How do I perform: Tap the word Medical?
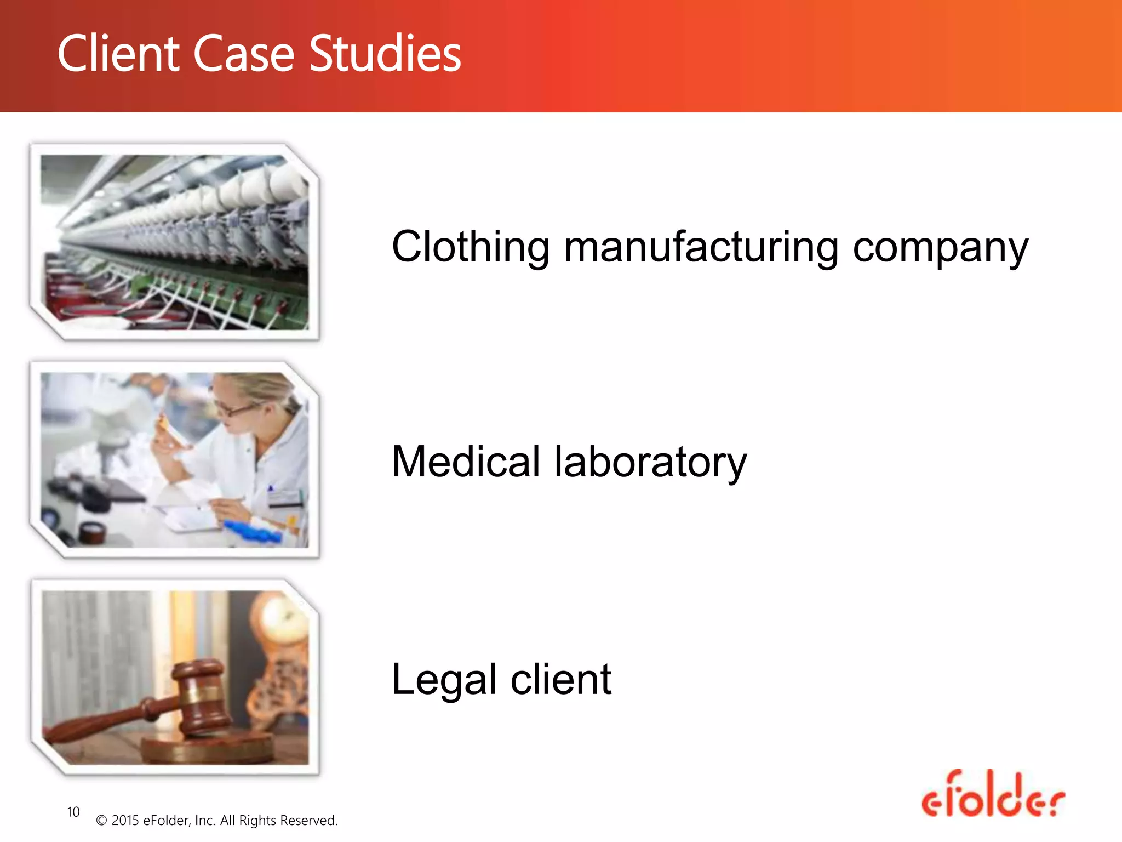466,462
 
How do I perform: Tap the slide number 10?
73,812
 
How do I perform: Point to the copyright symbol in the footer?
101,821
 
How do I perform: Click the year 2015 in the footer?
125,821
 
